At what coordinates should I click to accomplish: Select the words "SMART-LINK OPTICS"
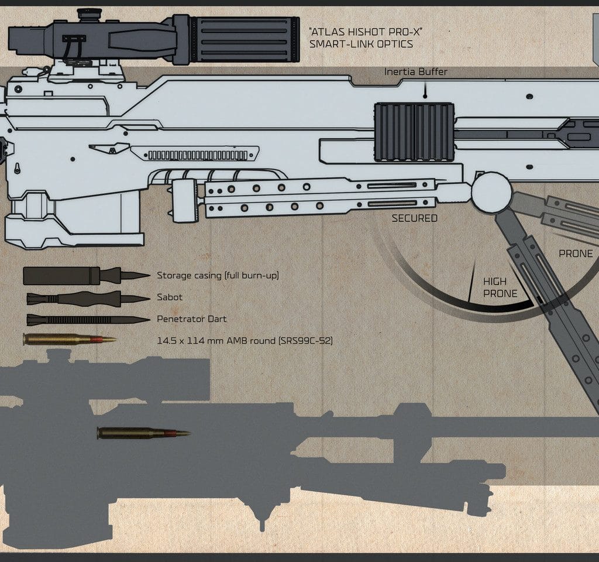coord(362,44)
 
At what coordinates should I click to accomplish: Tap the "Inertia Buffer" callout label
coord(416,72)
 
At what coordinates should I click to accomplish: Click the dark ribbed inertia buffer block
coord(414,132)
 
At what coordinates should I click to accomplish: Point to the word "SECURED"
coord(414,218)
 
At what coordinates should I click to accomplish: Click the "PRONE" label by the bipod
coord(576,253)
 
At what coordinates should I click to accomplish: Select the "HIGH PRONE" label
coord(500,287)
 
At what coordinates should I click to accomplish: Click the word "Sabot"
coord(170,297)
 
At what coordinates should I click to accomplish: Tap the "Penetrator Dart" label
coord(191,319)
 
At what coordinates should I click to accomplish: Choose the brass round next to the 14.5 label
coord(69,340)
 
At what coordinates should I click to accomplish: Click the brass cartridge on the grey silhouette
coord(143,433)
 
